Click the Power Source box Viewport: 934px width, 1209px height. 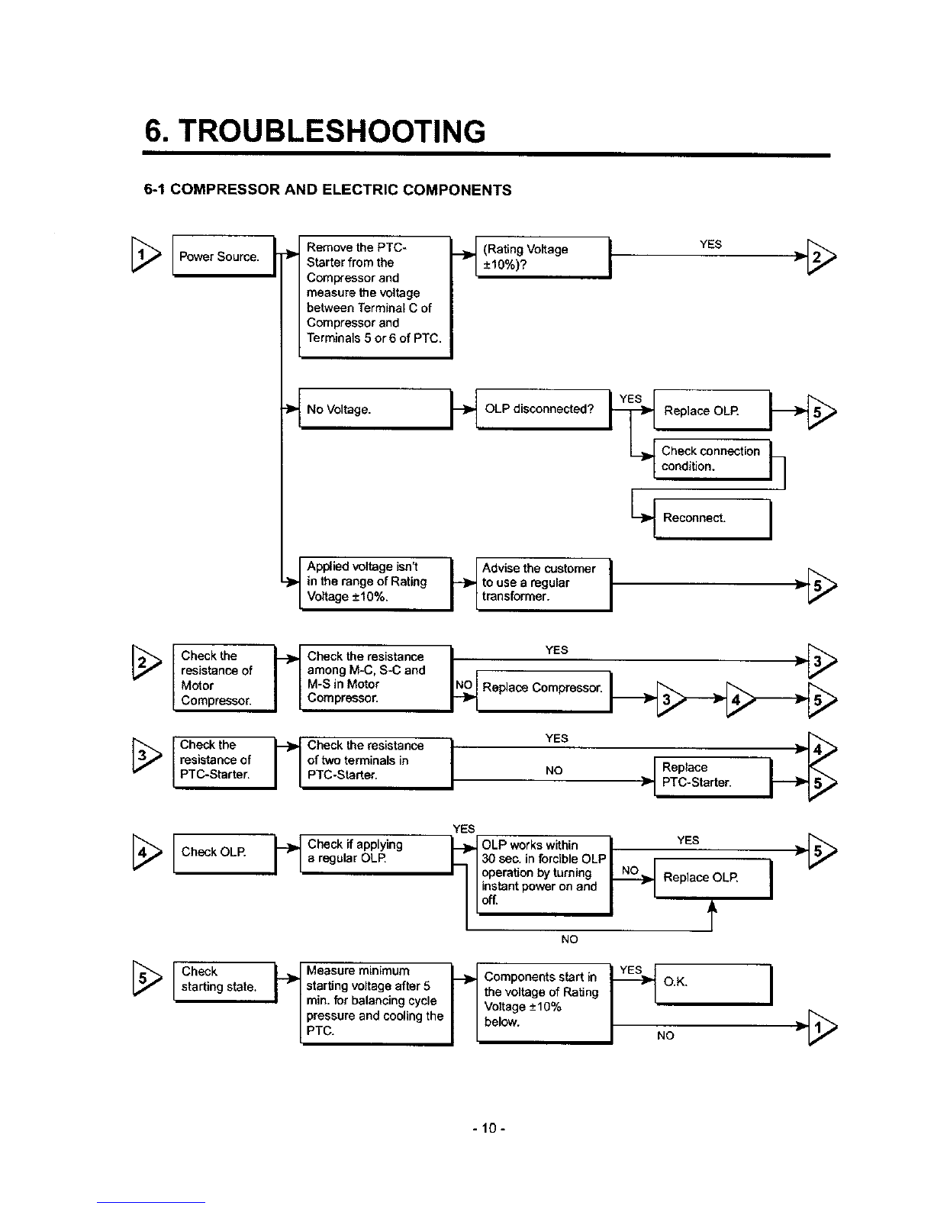(x=224, y=256)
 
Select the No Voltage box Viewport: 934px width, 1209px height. (x=375, y=409)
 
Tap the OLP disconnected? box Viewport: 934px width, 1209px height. (x=543, y=409)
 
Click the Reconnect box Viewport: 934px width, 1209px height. (x=713, y=518)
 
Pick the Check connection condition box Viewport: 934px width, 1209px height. (x=713, y=459)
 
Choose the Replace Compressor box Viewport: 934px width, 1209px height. (x=544, y=691)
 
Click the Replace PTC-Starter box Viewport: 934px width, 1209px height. (x=713, y=777)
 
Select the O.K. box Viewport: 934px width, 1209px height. (x=713, y=985)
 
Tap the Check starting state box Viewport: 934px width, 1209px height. (x=225, y=982)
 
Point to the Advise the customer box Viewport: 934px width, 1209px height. (x=544, y=584)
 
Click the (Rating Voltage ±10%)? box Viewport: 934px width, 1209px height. (x=543, y=257)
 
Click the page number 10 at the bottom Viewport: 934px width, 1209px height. (x=489, y=1128)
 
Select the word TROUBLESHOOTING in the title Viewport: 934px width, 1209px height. (x=331, y=131)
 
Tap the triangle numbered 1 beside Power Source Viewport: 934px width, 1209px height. (x=146, y=255)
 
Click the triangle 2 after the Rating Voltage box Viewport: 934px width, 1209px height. (x=821, y=256)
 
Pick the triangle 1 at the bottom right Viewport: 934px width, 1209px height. (x=822, y=1027)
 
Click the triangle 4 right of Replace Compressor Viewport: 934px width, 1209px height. (x=740, y=699)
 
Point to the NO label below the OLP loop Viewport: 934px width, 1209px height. (x=569, y=939)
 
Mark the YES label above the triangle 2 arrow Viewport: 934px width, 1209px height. (x=710, y=244)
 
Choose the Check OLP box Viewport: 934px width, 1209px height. (x=225, y=854)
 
